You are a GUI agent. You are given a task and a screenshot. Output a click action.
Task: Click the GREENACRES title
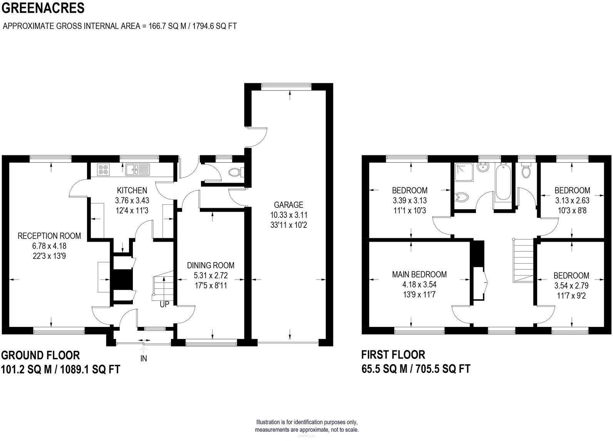(43, 8)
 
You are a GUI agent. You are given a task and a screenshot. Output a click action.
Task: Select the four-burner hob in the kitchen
(104, 170)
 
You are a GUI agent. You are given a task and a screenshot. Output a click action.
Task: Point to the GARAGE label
(288, 205)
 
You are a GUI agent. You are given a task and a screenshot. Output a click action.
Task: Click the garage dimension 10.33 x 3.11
(288, 215)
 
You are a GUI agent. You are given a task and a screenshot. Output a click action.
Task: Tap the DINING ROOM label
(211, 265)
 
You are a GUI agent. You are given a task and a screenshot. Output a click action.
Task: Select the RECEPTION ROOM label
(49, 236)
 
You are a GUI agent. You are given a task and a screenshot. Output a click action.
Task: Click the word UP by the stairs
(164, 305)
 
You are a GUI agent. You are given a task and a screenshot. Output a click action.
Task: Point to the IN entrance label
(144, 359)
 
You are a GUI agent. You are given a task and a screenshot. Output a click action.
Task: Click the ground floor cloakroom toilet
(234, 172)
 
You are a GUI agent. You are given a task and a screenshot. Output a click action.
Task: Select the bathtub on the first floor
(502, 182)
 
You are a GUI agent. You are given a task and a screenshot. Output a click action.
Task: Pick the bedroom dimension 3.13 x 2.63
(572, 200)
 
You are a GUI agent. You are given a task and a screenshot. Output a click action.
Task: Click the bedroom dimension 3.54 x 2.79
(571, 286)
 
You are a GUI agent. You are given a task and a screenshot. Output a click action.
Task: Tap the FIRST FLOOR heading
(393, 355)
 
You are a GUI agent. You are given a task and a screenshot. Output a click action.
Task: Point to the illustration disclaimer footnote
(306, 426)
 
